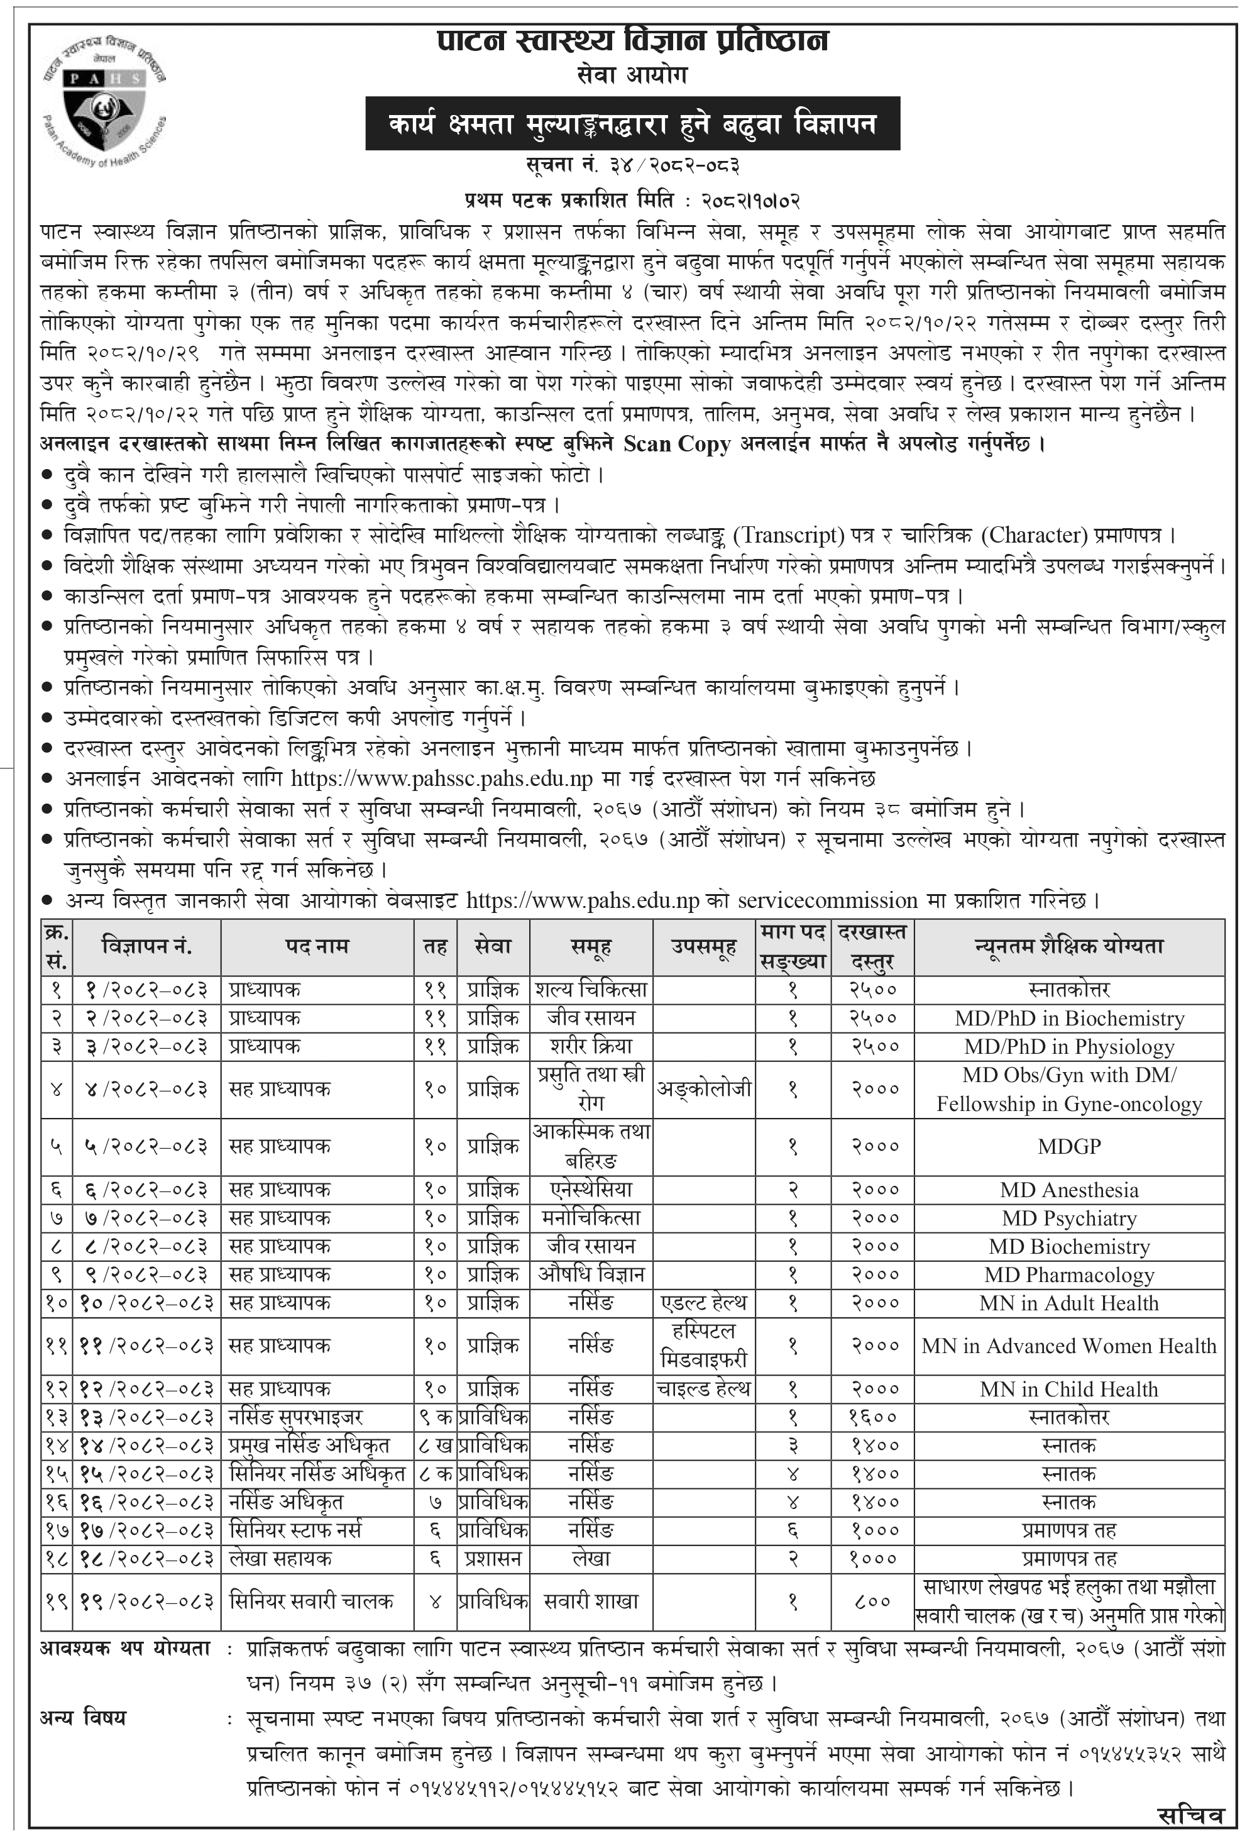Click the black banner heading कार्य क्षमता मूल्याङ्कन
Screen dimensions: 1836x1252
(x=632, y=123)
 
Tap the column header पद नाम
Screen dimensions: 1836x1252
(x=317, y=946)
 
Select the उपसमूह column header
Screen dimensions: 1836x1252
(x=703, y=946)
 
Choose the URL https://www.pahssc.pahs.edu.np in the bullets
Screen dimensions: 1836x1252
(x=442, y=779)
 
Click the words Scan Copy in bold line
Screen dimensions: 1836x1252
(x=676, y=444)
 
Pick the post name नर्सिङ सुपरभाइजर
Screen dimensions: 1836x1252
(x=295, y=1417)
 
